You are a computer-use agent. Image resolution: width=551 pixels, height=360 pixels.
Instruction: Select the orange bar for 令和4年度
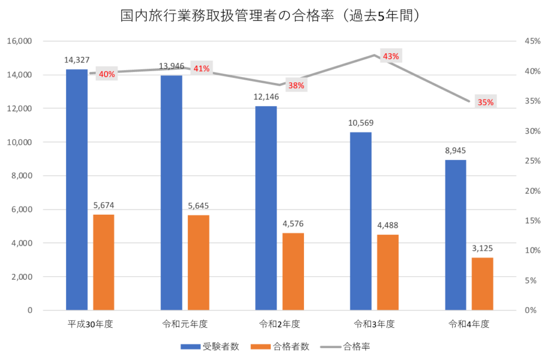click(482, 284)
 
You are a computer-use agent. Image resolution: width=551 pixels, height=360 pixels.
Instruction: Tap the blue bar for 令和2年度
click(266, 208)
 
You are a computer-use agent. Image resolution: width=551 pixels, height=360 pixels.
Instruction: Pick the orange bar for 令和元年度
click(198, 263)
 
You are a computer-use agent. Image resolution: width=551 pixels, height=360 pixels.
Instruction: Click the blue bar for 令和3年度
click(361, 221)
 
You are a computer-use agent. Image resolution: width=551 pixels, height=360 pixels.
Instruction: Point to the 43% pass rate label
click(391, 56)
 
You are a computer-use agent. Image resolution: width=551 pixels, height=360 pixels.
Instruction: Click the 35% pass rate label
click(485, 102)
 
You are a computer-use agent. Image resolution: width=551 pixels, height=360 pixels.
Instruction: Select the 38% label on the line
click(296, 85)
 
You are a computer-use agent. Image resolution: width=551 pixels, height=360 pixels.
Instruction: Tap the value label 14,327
click(76, 60)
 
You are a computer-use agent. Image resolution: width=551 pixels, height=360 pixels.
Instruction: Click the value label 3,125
click(482, 249)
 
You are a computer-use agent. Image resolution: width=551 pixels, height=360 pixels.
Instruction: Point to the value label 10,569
click(361, 123)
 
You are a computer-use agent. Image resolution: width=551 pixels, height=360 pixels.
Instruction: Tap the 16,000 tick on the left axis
click(19, 41)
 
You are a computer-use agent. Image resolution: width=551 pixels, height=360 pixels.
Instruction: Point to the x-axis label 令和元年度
click(185, 324)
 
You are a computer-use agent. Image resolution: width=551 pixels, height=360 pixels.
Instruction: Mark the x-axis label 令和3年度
click(375, 324)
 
